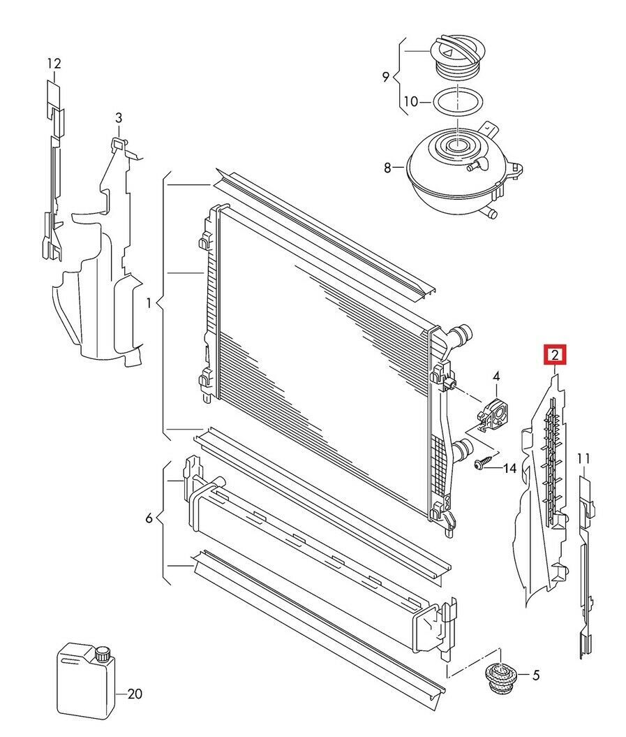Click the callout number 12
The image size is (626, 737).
[x=54, y=64]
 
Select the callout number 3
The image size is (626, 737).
[x=119, y=117]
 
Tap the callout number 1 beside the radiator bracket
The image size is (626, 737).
[x=148, y=303]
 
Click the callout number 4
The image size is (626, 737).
[x=496, y=377]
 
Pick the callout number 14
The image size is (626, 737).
[x=509, y=468]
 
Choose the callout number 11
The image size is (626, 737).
[x=584, y=458]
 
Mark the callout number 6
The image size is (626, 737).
[x=149, y=518]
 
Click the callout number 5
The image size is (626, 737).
[x=535, y=676]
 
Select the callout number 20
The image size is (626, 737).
[x=135, y=694]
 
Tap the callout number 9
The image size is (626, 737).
[x=386, y=77]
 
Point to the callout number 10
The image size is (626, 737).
[x=410, y=102]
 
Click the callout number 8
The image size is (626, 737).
[x=388, y=168]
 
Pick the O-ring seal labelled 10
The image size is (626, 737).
[x=457, y=103]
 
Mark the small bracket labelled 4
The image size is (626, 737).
[x=493, y=415]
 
